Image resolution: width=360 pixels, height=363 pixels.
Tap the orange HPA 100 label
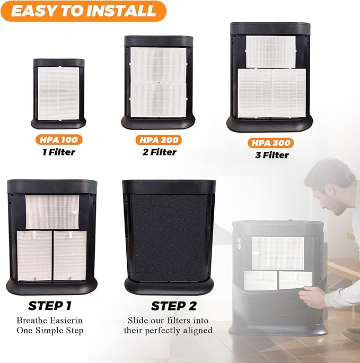59,140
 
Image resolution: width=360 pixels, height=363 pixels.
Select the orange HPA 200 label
157,140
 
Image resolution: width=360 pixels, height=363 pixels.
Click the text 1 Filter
59,152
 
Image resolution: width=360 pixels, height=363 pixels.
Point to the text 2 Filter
158,152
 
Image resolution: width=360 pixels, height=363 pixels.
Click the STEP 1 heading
50,306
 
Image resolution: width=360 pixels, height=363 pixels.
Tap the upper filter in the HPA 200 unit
159,64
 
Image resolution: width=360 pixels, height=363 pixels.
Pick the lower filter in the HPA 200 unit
159,99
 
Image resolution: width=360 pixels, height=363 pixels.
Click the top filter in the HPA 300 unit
271,51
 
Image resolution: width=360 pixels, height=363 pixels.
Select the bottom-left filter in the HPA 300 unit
254,93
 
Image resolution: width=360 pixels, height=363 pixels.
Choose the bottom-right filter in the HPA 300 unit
289,93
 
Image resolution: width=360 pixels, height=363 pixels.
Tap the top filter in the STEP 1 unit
52,212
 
